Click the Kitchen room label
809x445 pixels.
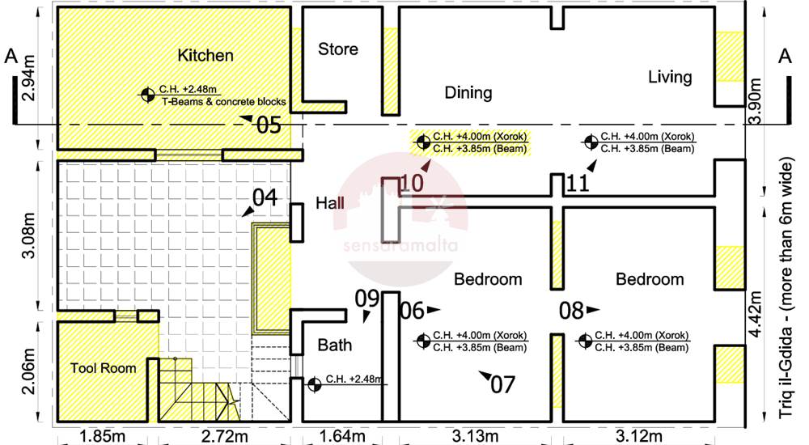point(205,55)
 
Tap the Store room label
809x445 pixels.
point(338,49)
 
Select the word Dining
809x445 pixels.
point(468,93)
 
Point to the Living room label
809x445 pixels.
point(670,78)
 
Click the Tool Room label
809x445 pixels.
point(104,368)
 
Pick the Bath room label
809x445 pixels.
point(335,345)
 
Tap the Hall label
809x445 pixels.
point(330,203)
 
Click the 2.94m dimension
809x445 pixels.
point(29,78)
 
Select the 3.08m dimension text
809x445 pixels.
point(29,235)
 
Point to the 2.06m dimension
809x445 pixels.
point(29,371)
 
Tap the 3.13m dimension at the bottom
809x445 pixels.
point(475,437)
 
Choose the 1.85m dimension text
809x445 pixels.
point(102,437)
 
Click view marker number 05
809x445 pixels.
point(269,125)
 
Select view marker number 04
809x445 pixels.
point(265,197)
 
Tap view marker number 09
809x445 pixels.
point(367,299)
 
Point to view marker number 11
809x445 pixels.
point(578,184)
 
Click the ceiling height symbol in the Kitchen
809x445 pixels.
point(147,95)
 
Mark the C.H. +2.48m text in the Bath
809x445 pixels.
point(354,379)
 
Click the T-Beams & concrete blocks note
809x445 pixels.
point(224,102)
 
